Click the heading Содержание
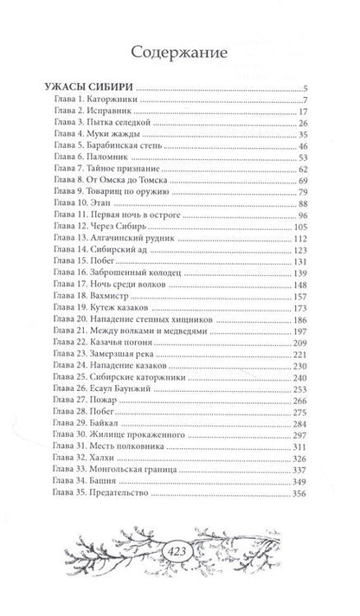pyautogui.click(x=180, y=52)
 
